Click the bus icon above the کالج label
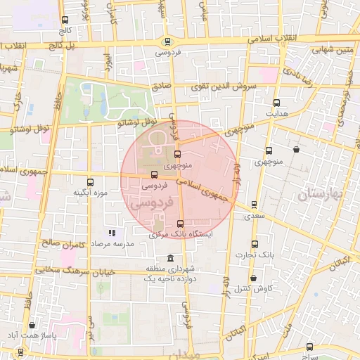[65, 20]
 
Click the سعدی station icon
[254, 205]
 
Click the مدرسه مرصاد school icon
[110, 233]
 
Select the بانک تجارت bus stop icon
[255, 245]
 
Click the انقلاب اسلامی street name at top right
[281, 39]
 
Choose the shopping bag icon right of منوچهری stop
[296, 149]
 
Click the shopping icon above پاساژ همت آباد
[32, 325]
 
